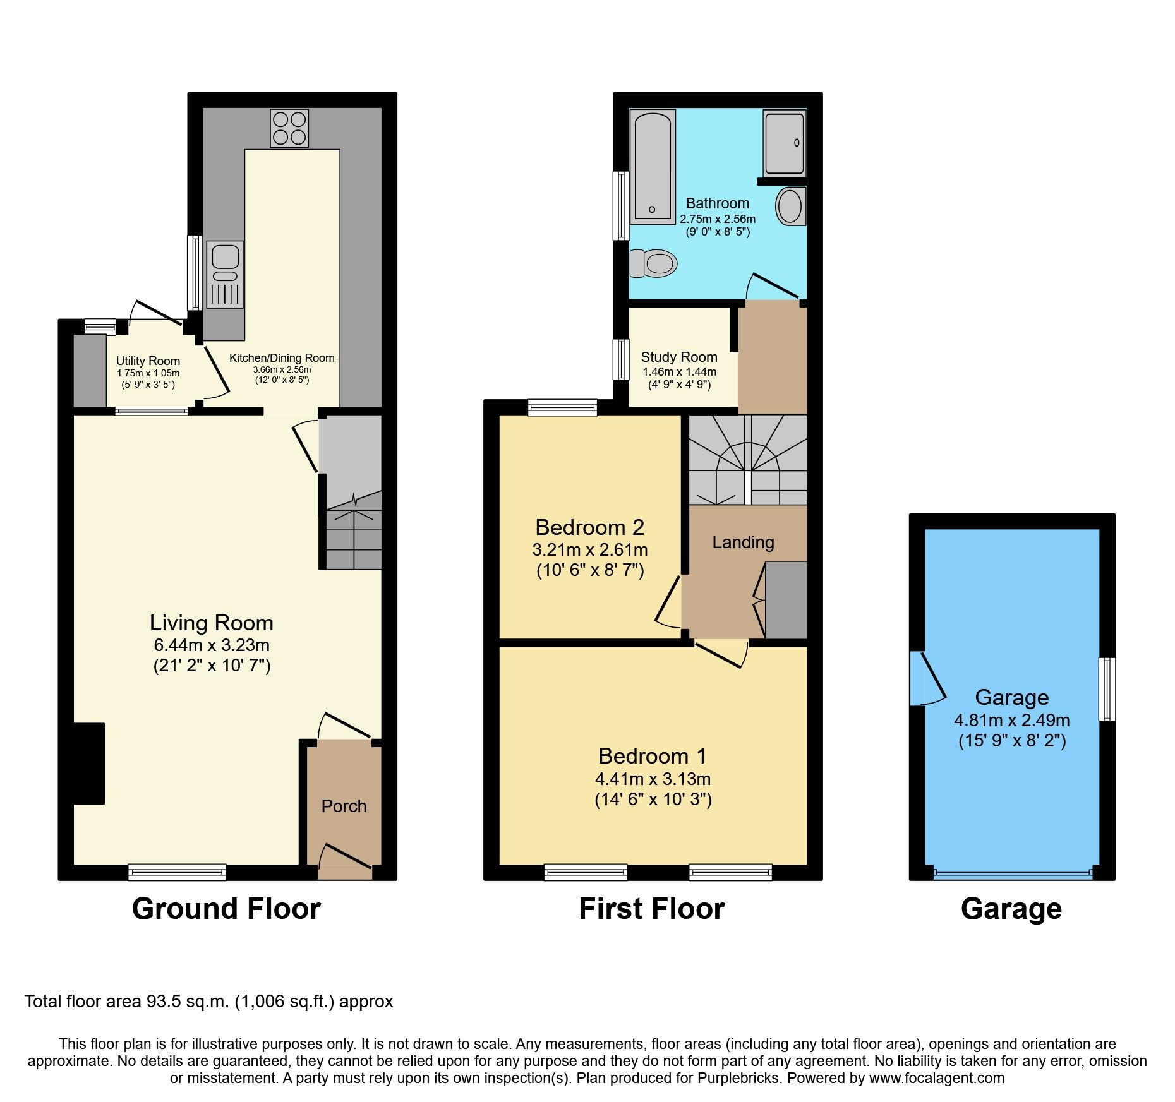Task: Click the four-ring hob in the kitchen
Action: [289, 128]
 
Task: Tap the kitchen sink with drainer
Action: [225, 274]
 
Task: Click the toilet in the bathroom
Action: [654, 263]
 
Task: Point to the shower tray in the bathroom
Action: [784, 143]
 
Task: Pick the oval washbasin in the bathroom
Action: [790, 206]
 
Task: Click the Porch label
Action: [344, 806]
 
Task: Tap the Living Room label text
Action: [211, 623]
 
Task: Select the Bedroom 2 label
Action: [589, 527]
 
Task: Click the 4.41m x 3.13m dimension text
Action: [653, 779]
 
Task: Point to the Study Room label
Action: [679, 357]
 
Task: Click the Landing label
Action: [743, 542]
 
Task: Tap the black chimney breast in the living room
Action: [88, 764]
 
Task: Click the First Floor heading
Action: [651, 909]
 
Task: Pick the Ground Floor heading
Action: [226, 909]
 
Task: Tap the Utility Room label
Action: [148, 361]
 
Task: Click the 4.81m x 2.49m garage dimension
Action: [1011, 721]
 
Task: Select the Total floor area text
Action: [208, 1002]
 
